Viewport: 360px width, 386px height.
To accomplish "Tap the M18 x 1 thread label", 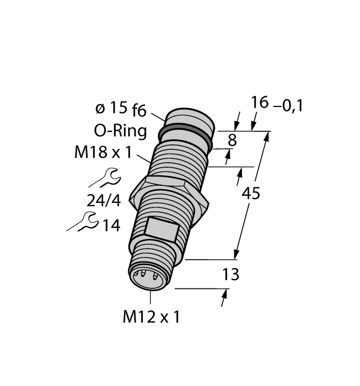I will click(103, 153).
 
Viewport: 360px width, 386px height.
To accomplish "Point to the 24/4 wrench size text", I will click(104, 201).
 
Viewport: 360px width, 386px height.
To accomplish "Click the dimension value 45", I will click(252, 194).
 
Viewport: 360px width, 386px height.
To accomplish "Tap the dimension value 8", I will click(232, 141).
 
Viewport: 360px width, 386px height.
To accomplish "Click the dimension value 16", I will click(260, 103).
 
